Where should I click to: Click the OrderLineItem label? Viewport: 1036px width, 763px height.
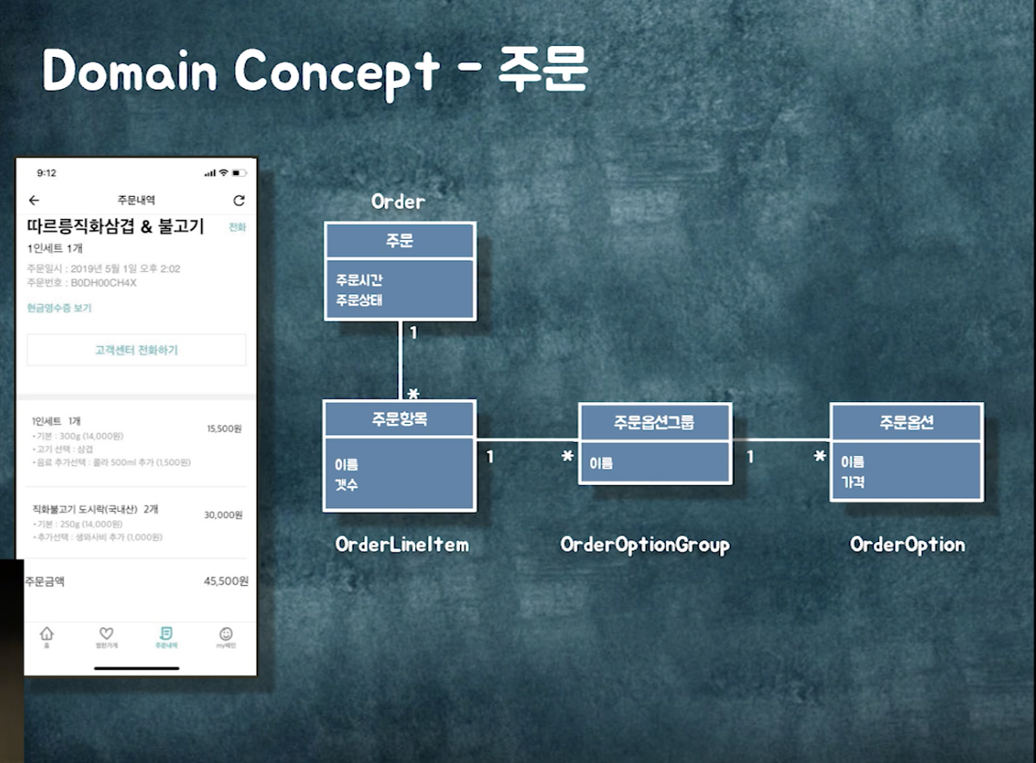(401, 545)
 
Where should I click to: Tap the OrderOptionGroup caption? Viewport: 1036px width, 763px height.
(645, 545)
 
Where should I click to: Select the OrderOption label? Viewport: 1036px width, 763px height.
(907, 545)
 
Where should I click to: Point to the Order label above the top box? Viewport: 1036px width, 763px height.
(398, 202)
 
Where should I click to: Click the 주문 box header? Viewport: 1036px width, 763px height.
(400, 241)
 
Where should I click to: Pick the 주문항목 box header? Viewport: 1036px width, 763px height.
(400, 419)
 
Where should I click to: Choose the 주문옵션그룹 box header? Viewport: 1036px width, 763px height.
(654, 422)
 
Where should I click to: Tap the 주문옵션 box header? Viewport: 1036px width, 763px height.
(906, 422)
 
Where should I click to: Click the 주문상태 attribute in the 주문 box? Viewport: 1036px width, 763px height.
(359, 300)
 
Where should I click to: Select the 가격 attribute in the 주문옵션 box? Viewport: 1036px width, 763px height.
(853, 482)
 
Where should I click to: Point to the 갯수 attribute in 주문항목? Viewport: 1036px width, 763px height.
(346, 485)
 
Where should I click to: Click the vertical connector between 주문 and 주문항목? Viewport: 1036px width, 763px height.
(401, 359)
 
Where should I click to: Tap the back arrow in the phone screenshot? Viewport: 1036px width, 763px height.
(34, 200)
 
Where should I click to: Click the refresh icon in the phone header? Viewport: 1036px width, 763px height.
(239, 200)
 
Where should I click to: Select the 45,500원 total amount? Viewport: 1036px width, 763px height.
(226, 582)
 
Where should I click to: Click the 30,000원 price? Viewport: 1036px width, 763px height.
(223, 515)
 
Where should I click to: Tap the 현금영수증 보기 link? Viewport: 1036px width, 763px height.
(59, 308)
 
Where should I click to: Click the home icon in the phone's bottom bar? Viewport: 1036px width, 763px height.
(47, 634)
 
